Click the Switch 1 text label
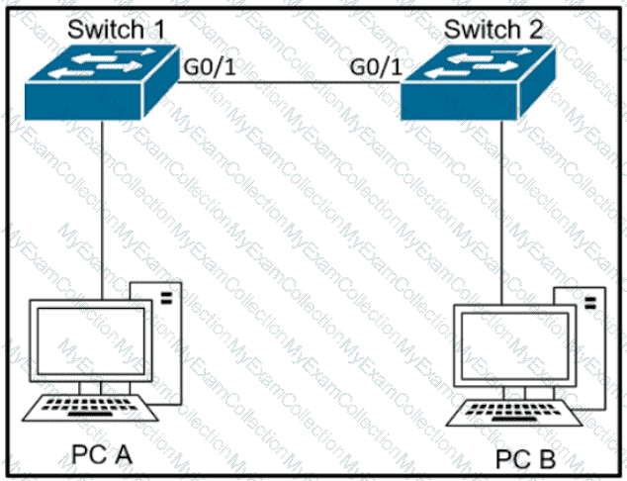tap(117, 30)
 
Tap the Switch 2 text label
tap(493, 30)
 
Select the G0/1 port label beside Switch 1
tap(209, 67)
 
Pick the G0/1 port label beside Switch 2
tap(376, 67)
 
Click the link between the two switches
tap(289, 83)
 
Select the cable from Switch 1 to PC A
tap(102, 210)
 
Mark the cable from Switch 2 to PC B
tap(501, 212)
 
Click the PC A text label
tap(102, 454)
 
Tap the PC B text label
tap(525, 459)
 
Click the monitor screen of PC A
tap(91, 340)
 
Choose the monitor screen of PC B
tap(515, 346)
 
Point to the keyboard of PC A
tap(90, 408)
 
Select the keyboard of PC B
tap(514, 413)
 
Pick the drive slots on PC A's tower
tap(166, 298)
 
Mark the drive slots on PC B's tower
tap(590, 303)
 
